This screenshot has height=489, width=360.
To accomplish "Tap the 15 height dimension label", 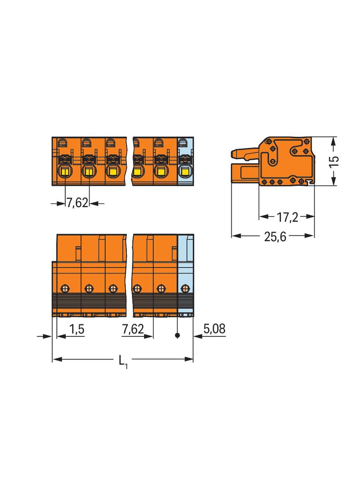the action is [334, 161].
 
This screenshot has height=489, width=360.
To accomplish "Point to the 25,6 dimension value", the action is [275, 236].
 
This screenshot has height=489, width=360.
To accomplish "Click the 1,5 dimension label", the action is [77, 329].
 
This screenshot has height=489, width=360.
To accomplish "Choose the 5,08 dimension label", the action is [214, 328].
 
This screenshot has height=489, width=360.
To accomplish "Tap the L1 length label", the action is [123, 361].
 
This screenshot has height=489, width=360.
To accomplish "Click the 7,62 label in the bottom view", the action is [133, 329].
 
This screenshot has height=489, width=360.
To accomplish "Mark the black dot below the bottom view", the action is [177, 336].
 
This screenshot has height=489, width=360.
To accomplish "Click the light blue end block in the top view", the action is [186, 161].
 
